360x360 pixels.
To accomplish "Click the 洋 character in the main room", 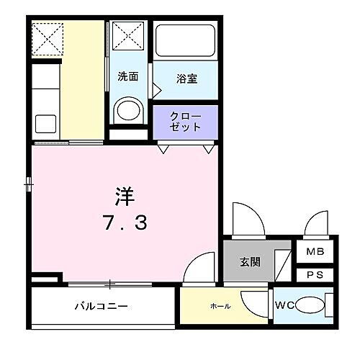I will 124,196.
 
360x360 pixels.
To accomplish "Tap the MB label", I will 315,253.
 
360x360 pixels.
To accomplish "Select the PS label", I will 315,274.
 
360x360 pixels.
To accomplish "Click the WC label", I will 284,306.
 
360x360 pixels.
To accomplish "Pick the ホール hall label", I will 220,306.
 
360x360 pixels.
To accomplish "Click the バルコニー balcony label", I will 102,306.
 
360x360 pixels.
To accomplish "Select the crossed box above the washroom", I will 130,37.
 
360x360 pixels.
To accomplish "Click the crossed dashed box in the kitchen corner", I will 48,38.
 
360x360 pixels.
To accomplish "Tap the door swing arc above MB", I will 317,223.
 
